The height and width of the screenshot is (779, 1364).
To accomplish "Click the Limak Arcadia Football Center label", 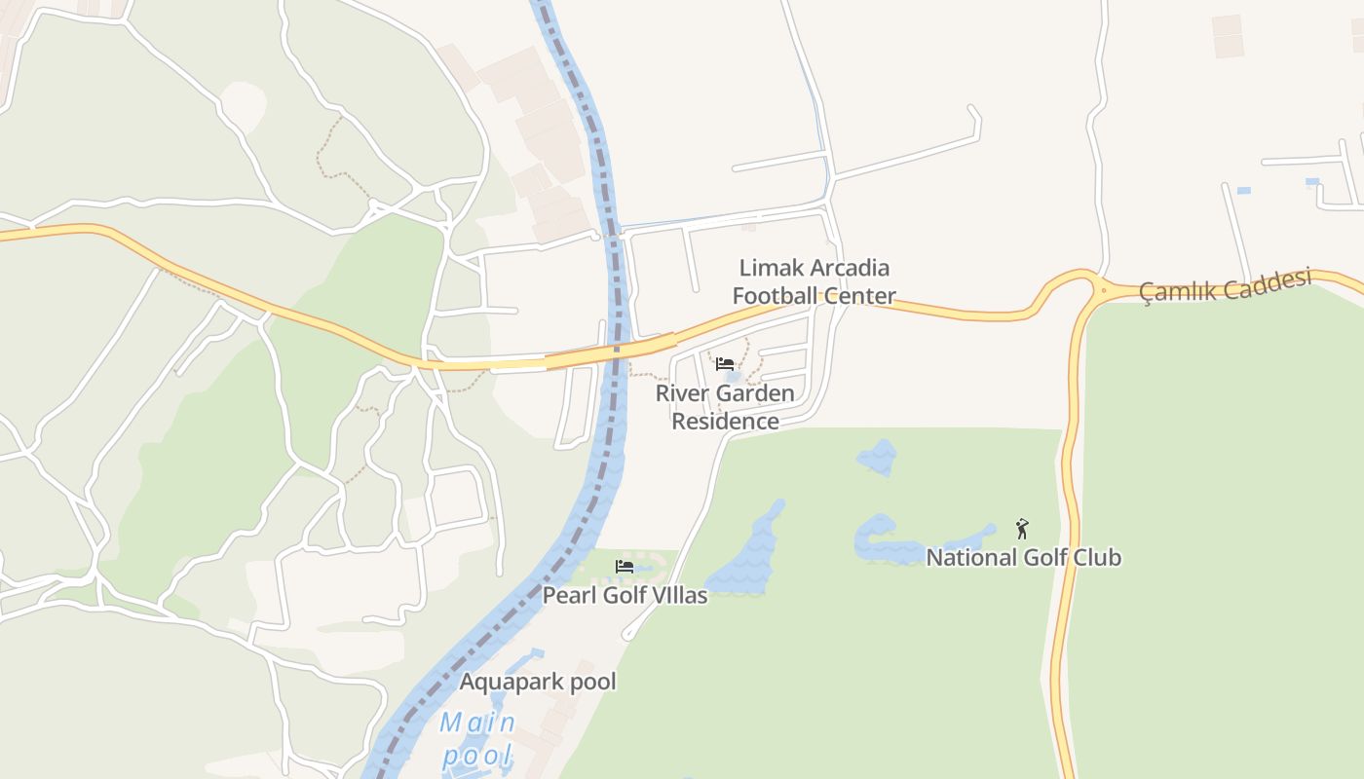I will [x=815, y=281].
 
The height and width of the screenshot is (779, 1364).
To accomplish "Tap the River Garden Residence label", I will [x=725, y=407].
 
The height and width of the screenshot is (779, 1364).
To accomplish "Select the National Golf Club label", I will [x=1023, y=558].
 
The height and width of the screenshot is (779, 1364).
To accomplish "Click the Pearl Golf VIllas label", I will [x=625, y=595].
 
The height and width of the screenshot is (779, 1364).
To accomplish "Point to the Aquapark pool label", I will [x=538, y=682].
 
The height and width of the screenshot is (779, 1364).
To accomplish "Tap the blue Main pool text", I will [x=477, y=739].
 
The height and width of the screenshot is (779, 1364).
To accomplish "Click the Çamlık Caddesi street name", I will [x=1226, y=285].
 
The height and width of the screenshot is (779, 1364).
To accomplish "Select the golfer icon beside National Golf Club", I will [x=1022, y=529].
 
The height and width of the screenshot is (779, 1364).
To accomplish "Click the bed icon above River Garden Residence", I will [x=725, y=364].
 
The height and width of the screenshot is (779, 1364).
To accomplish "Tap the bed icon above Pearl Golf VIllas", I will [x=625, y=566].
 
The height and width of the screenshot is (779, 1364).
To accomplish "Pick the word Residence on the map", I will [x=725, y=422].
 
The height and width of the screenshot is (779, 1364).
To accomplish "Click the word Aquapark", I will [x=503, y=682].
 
